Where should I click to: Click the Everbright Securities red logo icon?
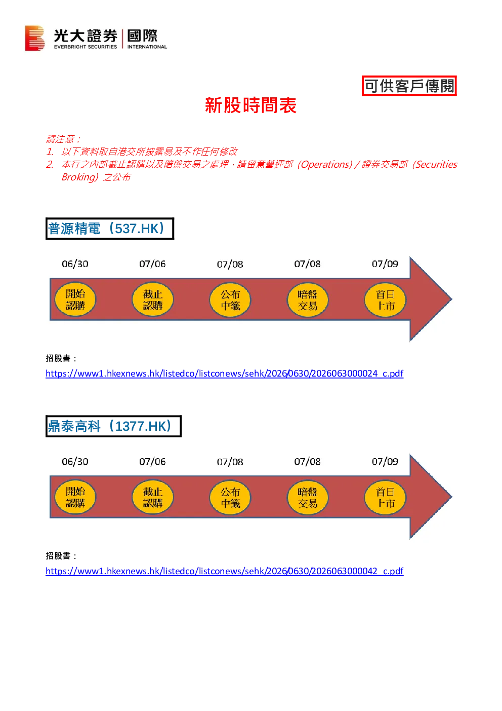click(34, 38)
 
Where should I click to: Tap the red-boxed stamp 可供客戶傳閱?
click(409, 86)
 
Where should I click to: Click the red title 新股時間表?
click(250, 105)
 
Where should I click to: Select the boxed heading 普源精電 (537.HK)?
click(110, 229)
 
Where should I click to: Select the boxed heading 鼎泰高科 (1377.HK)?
click(113, 426)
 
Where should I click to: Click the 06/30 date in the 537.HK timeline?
click(75, 264)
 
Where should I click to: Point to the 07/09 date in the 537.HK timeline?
click(385, 264)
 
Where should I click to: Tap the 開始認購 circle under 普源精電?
click(75, 300)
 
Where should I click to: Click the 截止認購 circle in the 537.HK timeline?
click(153, 300)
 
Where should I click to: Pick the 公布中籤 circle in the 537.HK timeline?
click(230, 300)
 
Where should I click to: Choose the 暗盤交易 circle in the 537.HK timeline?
click(307, 300)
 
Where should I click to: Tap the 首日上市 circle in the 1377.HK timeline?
click(385, 497)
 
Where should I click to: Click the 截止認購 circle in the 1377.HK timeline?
click(153, 497)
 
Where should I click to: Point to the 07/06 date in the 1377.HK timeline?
click(152, 462)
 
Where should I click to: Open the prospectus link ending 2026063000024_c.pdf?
click(224, 373)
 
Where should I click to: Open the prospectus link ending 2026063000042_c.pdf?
click(224, 571)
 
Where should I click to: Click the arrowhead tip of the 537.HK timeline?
click(451, 298)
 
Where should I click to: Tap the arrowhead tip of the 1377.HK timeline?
click(451, 497)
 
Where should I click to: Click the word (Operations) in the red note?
click(325, 164)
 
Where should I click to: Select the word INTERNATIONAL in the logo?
click(147, 47)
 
